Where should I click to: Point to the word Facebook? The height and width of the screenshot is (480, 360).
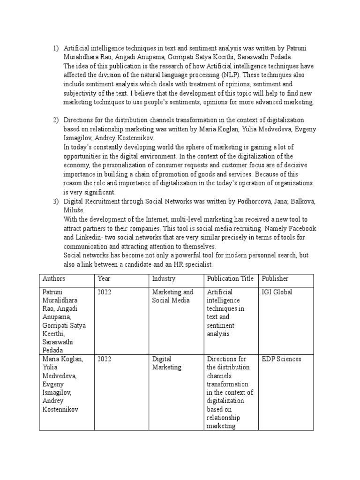coord(301,228)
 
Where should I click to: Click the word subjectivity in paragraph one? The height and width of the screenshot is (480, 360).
coord(81,94)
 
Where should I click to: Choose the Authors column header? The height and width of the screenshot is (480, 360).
coord(53,278)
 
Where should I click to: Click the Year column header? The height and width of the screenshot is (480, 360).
coord(104,278)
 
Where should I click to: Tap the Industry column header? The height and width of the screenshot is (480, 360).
coord(163,278)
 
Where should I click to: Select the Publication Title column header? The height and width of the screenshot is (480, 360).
coord(230,278)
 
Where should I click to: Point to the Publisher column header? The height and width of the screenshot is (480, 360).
coord(275,278)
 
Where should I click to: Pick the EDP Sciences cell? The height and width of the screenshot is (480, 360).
coord(281,359)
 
